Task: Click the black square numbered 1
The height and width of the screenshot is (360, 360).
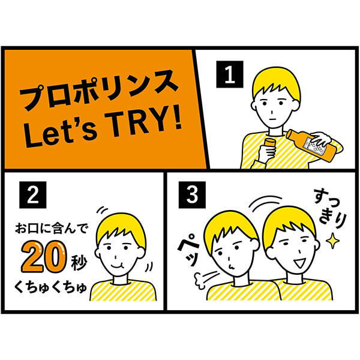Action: [229, 76]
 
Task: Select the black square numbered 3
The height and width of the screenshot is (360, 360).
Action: [192, 195]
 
